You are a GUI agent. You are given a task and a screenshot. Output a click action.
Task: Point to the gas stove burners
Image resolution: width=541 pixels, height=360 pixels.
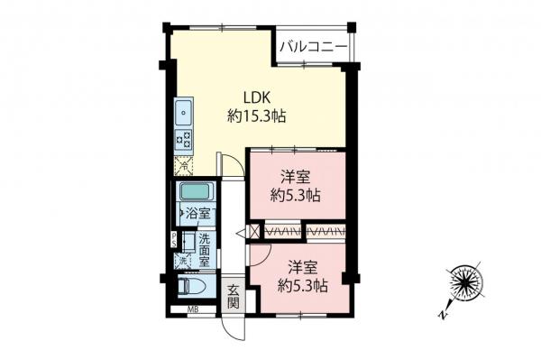(x=183, y=140)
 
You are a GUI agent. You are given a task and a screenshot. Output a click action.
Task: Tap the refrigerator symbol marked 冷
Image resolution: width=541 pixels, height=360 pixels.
(x=182, y=165)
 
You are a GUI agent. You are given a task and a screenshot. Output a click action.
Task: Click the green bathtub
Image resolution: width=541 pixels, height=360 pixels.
(x=195, y=192)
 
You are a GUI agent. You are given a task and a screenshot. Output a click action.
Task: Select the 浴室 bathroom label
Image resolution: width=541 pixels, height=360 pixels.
(x=197, y=215)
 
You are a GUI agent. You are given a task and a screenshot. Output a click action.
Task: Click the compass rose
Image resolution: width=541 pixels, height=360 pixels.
(x=465, y=283)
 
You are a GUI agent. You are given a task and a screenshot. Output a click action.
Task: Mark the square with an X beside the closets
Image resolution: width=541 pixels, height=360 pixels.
(x=254, y=233)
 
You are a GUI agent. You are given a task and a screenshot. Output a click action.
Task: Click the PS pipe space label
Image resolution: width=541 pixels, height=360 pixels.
(x=175, y=239)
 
